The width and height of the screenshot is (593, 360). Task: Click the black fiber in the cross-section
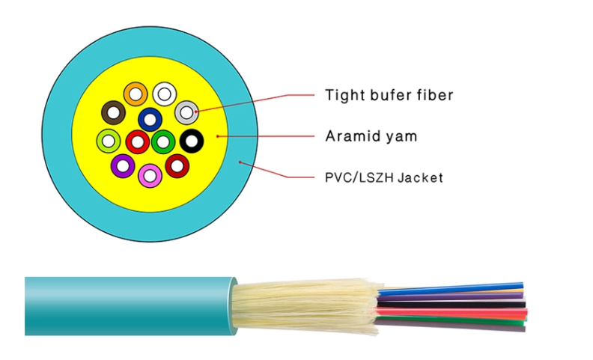[192, 140]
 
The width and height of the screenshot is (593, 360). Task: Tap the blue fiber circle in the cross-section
[150, 119]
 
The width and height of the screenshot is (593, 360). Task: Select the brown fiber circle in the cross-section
[113, 113]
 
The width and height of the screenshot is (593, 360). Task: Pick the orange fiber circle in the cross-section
[136, 94]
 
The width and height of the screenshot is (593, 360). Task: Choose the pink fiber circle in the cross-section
[150, 175]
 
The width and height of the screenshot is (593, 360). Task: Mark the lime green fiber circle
[109, 140]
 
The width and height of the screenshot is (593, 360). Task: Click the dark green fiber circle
[163, 141]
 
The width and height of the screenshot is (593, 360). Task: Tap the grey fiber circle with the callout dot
[186, 112]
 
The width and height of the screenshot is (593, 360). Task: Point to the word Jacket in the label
[420, 178]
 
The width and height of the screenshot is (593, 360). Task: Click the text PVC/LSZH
[359, 178]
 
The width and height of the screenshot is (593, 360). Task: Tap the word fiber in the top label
[432, 95]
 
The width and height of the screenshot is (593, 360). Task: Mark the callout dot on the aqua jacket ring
[239, 162]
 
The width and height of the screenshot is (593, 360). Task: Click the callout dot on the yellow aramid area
[217, 136]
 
